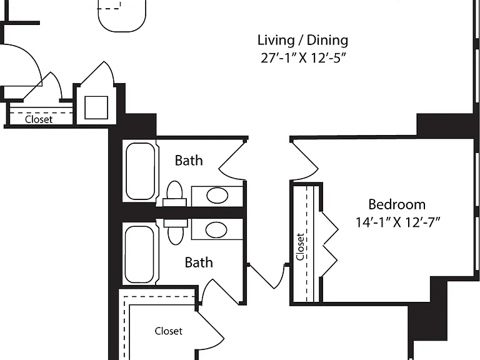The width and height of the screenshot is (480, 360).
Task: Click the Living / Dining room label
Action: pyautogui.click(x=302, y=41)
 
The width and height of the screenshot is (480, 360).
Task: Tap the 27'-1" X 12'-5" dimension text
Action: pyautogui.click(x=303, y=58)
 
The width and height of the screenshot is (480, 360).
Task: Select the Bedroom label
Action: pyautogui.click(x=397, y=204)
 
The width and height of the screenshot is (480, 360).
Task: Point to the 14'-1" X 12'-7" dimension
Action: pyautogui.click(x=397, y=222)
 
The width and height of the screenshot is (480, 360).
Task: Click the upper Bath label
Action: pyautogui.click(x=189, y=161)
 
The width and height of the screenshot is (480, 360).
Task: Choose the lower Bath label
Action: pyautogui.click(x=199, y=262)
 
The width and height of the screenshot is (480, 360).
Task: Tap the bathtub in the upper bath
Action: pyautogui.click(x=141, y=171)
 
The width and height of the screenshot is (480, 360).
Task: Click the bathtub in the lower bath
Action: pyautogui.click(x=139, y=254)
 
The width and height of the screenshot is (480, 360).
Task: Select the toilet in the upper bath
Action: pyautogui.click(x=175, y=194)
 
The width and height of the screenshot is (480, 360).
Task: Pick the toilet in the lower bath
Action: pyautogui.click(x=176, y=231)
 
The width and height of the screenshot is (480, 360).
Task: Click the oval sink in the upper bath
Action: pyautogui.click(x=217, y=195)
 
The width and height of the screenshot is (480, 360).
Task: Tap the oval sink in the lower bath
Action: pyautogui.click(x=216, y=230)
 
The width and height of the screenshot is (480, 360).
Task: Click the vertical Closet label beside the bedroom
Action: pyautogui.click(x=300, y=247)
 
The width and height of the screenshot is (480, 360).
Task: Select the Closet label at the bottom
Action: pyautogui.click(x=168, y=331)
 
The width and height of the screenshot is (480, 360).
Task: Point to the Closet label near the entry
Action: pyautogui.click(x=39, y=119)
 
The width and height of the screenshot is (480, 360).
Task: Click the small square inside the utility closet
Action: pyautogui.click(x=96, y=107)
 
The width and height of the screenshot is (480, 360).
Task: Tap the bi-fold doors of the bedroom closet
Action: pyautogui.click(x=330, y=244)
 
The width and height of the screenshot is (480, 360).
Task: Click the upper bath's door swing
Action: pyautogui.click(x=232, y=161)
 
